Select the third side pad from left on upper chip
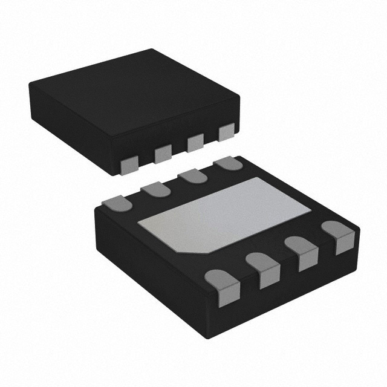195,143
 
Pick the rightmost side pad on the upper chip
227,132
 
